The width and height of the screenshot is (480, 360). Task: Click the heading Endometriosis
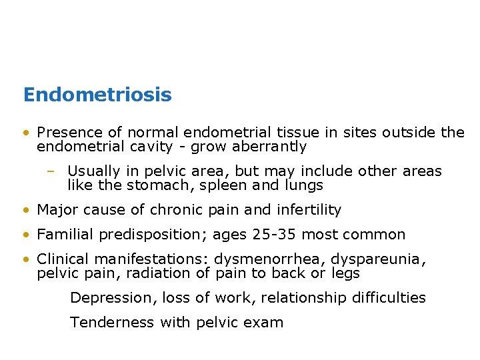(x=97, y=95)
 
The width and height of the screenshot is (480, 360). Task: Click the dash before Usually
(x=51, y=172)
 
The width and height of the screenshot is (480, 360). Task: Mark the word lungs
(x=303, y=185)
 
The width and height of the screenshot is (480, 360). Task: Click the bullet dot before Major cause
(x=25, y=210)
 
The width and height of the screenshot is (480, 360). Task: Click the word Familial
(x=65, y=235)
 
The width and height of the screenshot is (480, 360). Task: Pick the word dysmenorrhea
(x=265, y=260)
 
